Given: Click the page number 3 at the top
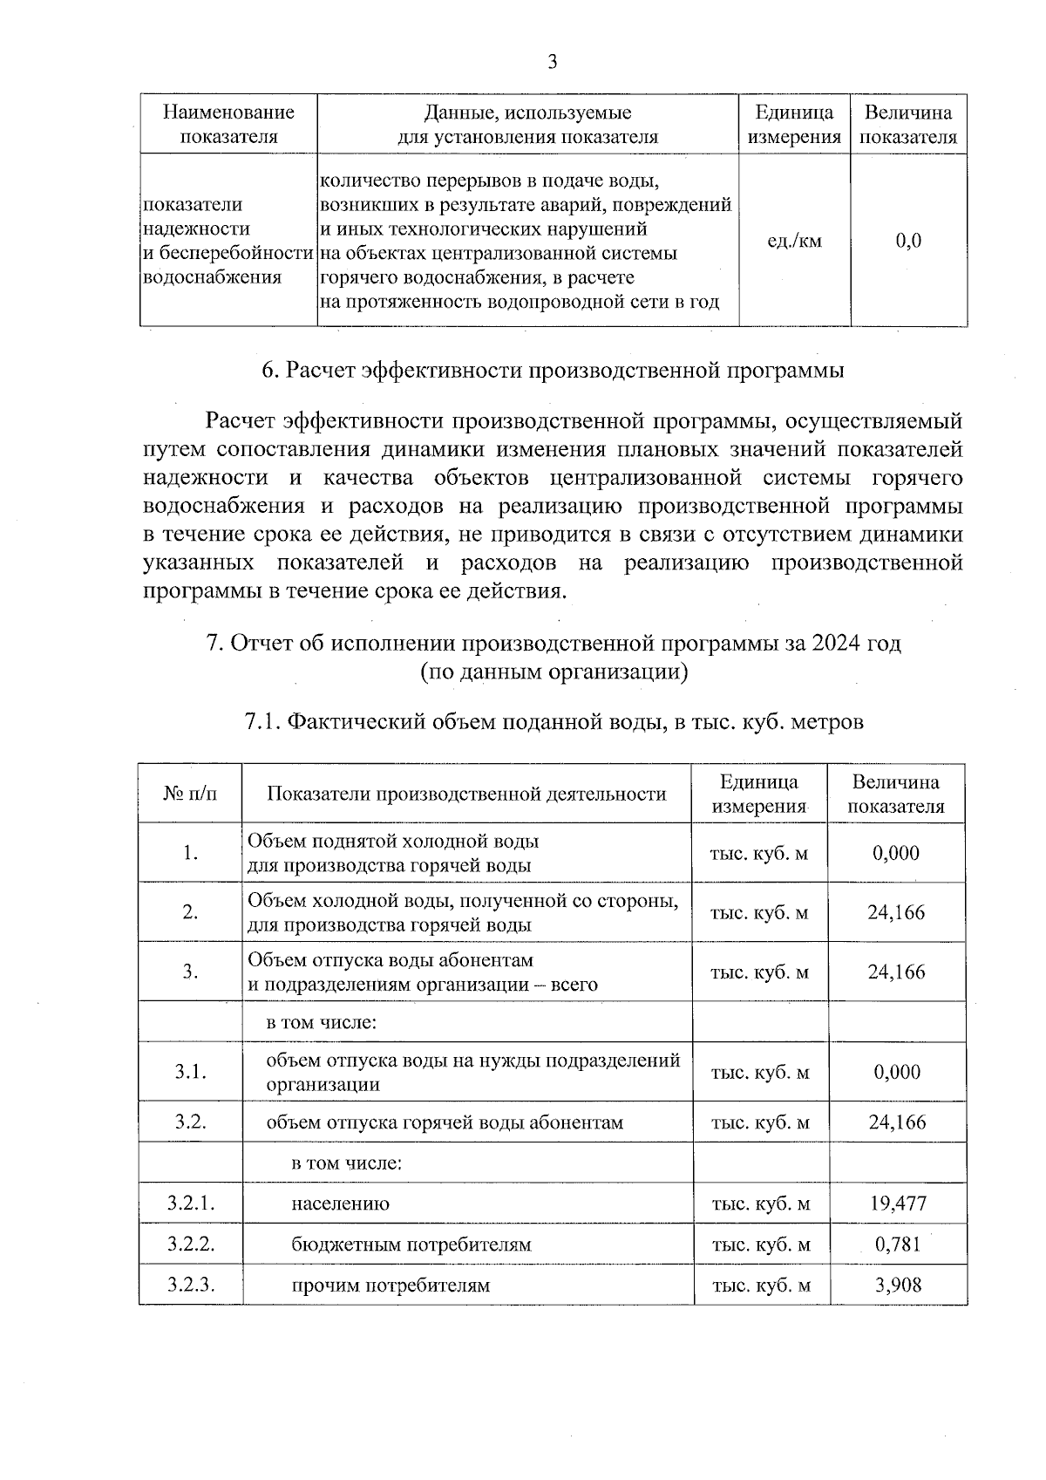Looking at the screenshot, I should coord(551,62).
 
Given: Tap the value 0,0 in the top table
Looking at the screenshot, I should coord(908,241).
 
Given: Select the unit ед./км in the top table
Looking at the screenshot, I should coord(793,241).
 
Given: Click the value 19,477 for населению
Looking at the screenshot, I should coord(898,1204).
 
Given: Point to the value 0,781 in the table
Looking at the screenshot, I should coord(898,1244).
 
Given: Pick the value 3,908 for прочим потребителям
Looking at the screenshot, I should coord(898,1285).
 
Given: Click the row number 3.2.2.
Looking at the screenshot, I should coord(191,1244).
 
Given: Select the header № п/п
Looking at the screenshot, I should coord(190,794).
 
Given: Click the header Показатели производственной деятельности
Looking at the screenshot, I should coord(466,794).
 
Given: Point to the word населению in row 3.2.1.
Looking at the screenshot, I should coord(340,1204).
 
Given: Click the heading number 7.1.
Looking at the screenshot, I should coord(261,722).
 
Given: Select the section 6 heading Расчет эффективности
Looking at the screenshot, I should coord(553,371).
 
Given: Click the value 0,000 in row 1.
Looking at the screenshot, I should coord(896,853).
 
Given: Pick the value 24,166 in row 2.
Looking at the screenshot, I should coord(896,912).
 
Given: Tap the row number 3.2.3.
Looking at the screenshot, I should coord(191,1285).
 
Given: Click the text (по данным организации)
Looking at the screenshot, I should coord(554,672).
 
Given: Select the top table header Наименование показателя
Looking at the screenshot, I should coord(228,124).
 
